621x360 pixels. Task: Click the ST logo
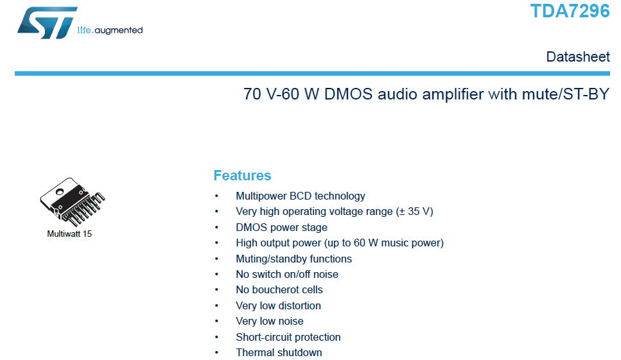pyautogui.click(x=47, y=22)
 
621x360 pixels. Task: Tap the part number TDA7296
pyautogui.click(x=570, y=11)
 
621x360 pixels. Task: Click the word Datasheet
pyautogui.click(x=578, y=56)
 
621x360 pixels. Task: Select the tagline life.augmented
pyautogui.click(x=110, y=30)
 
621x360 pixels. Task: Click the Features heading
pyautogui.click(x=242, y=175)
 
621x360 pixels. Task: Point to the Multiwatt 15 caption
pyautogui.click(x=69, y=234)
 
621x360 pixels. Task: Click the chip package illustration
pyautogui.click(x=72, y=201)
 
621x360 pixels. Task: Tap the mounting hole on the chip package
pyautogui.click(x=60, y=192)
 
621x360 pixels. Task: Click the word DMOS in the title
pyautogui.click(x=348, y=94)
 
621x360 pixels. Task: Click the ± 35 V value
pyautogui.click(x=415, y=211)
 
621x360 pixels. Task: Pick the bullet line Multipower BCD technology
pyautogui.click(x=300, y=196)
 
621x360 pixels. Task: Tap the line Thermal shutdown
pyautogui.click(x=279, y=352)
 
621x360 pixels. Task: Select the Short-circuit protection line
pyautogui.click(x=288, y=337)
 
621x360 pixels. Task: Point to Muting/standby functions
pyautogui.click(x=293, y=259)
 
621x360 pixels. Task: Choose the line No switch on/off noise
pyautogui.click(x=286, y=274)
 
